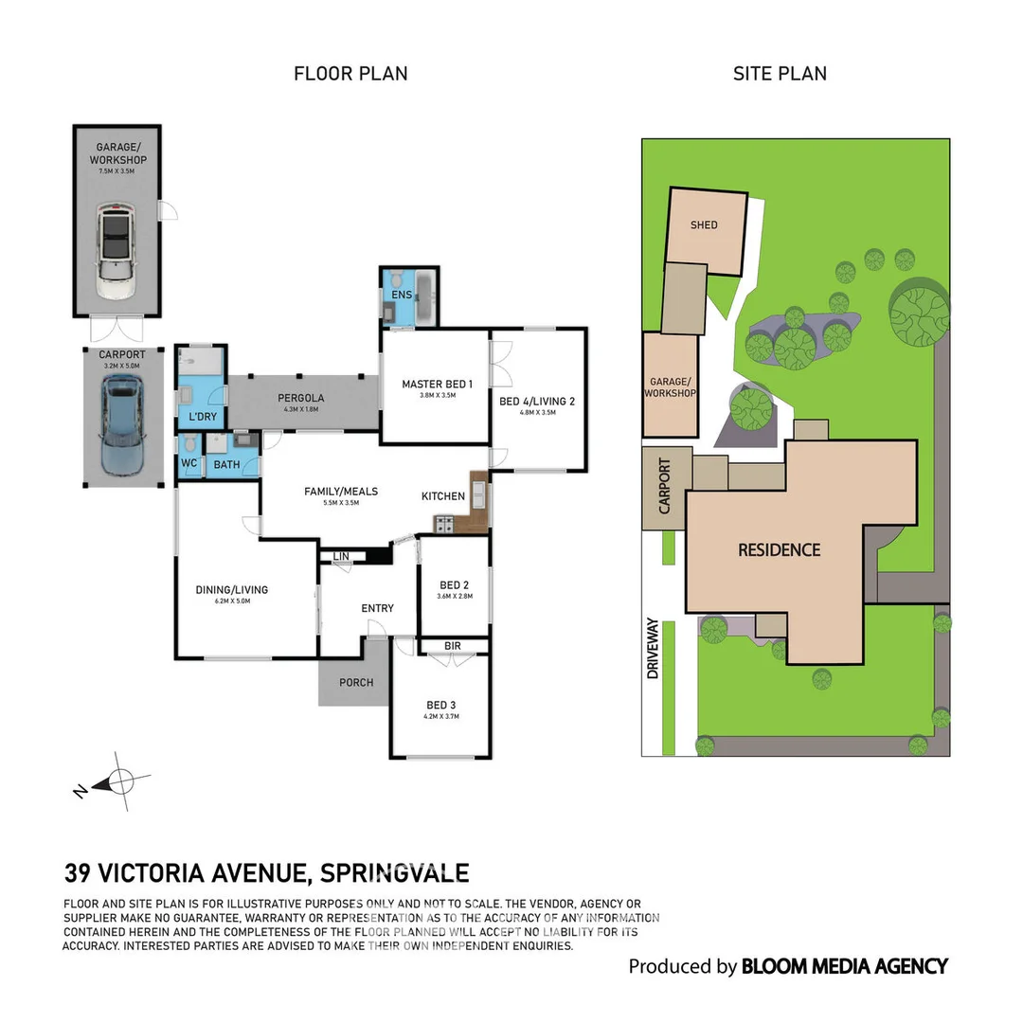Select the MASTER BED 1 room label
437,384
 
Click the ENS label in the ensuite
402,296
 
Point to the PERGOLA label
301,398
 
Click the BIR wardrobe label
453,646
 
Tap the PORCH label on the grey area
356,682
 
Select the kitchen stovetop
443,522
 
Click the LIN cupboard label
340,556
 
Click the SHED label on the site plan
704,225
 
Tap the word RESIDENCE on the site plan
779,549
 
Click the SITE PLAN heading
780,74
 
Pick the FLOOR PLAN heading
350,74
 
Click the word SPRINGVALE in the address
395,872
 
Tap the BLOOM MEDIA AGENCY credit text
844,966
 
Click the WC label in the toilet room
188,464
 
